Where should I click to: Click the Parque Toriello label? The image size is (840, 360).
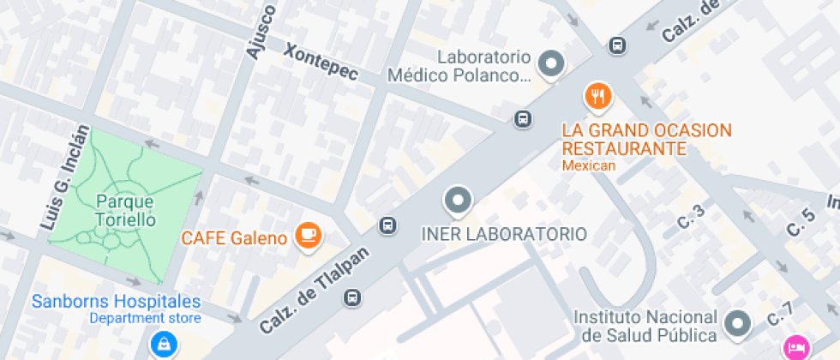125,210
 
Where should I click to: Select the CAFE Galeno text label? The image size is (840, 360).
234,238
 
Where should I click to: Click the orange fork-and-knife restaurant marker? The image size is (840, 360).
598,95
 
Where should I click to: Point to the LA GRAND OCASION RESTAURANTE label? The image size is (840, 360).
647,140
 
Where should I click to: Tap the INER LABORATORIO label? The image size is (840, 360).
505,234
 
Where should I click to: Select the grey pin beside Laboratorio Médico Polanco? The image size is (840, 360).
552,63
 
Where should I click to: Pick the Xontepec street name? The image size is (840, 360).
321,62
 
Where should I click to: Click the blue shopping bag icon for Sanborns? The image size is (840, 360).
161,345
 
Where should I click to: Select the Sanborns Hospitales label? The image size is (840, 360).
117,302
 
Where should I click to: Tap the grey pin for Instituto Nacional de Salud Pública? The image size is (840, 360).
736,323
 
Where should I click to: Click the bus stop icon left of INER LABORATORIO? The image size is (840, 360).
388,225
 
